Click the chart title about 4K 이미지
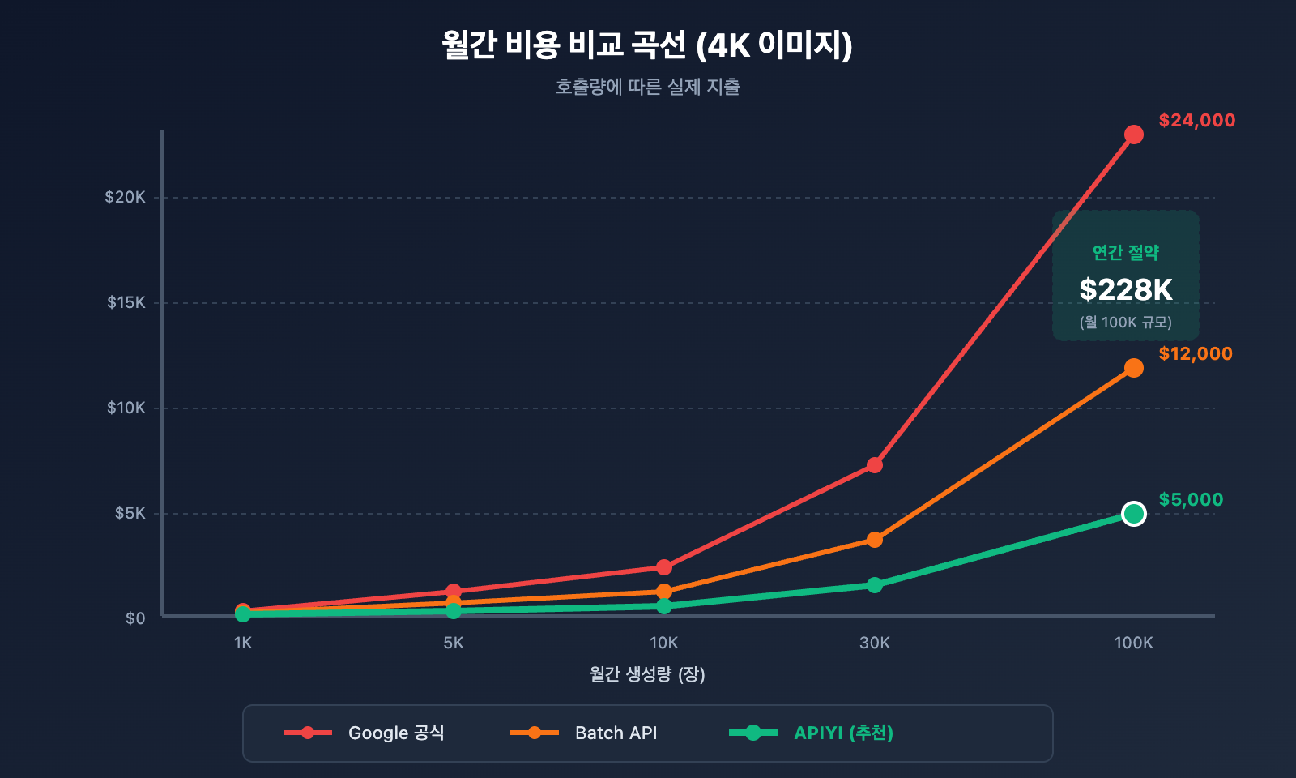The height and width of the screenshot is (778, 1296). (x=647, y=45)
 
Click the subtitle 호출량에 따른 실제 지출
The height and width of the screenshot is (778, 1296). (x=647, y=87)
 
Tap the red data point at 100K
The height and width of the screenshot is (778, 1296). (x=1133, y=135)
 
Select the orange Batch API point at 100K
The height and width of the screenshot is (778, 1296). (x=1133, y=368)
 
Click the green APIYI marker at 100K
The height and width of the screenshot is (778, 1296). (x=1133, y=514)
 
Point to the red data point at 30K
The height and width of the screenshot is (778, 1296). (x=874, y=465)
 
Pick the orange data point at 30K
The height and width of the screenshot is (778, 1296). (x=874, y=540)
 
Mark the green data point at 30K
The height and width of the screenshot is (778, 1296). (x=874, y=585)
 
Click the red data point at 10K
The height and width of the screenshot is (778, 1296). (x=664, y=567)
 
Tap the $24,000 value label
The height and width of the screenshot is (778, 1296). (x=1196, y=121)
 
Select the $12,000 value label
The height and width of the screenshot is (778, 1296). (x=1195, y=354)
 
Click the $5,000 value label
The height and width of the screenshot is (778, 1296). (x=1191, y=500)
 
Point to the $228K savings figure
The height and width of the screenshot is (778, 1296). (x=1126, y=289)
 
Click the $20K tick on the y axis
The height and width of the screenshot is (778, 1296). (x=126, y=197)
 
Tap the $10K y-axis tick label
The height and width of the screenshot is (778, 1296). (x=126, y=408)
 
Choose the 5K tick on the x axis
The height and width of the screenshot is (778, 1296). (x=454, y=643)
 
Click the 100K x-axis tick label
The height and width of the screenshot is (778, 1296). (x=1133, y=643)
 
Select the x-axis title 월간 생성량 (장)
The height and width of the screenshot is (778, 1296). (x=647, y=674)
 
